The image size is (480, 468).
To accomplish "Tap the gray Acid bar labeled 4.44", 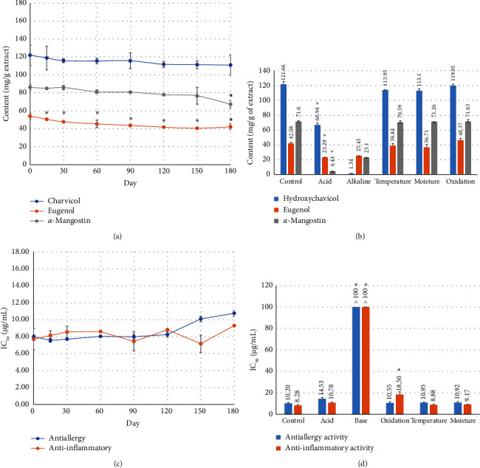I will [332, 151].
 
